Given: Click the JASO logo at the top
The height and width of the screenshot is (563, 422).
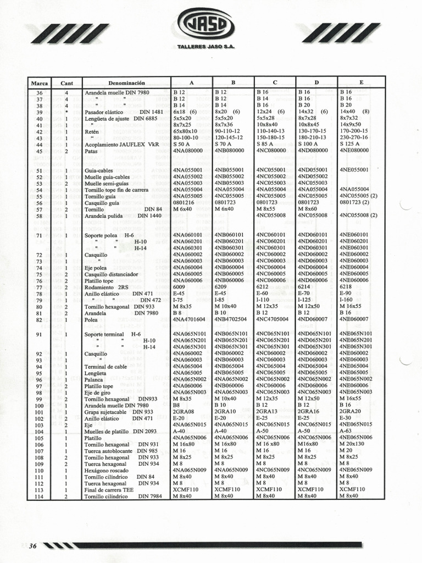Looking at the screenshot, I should pyautogui.click(x=206, y=26).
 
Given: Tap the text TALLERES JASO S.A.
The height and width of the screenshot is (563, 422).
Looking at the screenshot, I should pyautogui.click(x=206, y=47).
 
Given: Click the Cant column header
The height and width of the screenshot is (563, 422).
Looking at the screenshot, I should pyautogui.click(x=66, y=82).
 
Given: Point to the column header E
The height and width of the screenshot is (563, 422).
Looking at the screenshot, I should pyautogui.click(x=361, y=82).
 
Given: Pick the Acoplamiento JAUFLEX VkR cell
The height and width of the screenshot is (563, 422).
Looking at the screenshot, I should pyautogui.click(x=121, y=145).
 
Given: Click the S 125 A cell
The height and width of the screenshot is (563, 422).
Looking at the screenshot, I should pyautogui.click(x=349, y=145).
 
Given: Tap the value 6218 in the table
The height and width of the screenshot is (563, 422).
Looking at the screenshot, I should pyautogui.click(x=346, y=287).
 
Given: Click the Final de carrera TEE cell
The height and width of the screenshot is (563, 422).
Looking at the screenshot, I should pyautogui.click(x=109, y=489).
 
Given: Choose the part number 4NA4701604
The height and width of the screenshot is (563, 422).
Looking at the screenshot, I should pyautogui.click(x=189, y=319).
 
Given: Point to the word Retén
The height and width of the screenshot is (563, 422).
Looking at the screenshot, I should pyautogui.click(x=92, y=132).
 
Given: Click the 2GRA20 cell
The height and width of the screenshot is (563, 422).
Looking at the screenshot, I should pyautogui.click(x=351, y=411).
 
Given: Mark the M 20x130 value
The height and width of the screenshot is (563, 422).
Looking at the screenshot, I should pyautogui.click(x=352, y=444).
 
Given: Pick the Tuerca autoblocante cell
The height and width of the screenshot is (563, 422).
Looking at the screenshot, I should pyautogui.click(x=108, y=451).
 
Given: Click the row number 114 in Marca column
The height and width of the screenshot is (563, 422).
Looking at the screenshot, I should pyautogui.click(x=39, y=496).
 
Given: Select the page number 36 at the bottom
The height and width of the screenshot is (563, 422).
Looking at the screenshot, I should pyautogui.click(x=33, y=546).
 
